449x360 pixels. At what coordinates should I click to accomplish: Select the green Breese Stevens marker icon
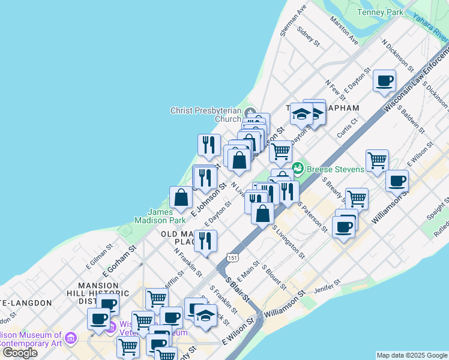(297, 169)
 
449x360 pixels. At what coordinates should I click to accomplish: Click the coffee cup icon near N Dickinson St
(384, 80)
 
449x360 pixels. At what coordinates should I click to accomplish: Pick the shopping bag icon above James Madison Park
(181, 197)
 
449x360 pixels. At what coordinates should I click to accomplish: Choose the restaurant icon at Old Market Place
(205, 241)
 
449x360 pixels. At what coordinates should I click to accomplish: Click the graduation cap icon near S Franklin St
(205, 315)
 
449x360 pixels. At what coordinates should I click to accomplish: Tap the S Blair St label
(236, 288)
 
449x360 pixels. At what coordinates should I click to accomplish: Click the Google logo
(19, 353)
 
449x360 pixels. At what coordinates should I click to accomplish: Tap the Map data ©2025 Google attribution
(411, 355)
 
